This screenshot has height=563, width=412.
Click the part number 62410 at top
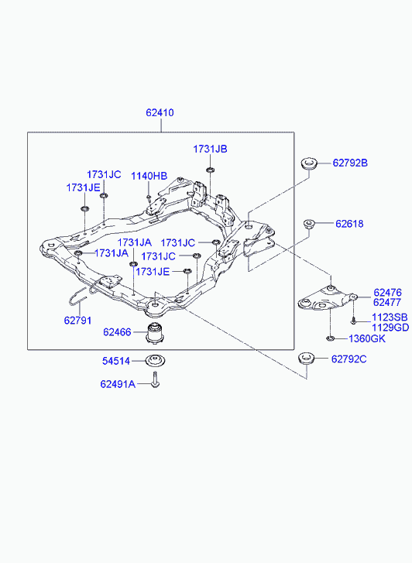160,113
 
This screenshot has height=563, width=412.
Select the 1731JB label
210,149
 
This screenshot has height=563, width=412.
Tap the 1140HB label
149,177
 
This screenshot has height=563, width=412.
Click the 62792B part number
350,163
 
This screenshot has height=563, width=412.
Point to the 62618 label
349,224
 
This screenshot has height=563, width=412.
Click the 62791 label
77,321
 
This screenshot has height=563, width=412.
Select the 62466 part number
117,332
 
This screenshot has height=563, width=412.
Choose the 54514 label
116,361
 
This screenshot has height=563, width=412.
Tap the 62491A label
118,384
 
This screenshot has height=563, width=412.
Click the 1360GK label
367,338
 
